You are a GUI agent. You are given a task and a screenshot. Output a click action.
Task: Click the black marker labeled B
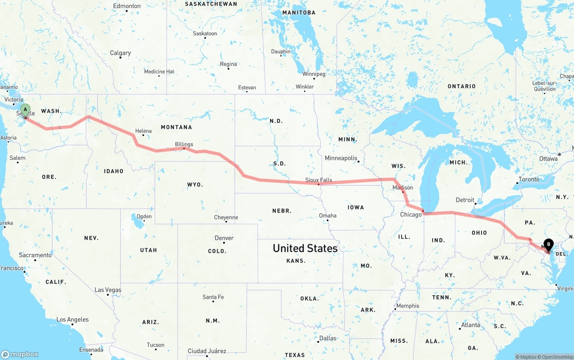[548, 245]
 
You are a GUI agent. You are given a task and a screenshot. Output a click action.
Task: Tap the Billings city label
[184, 144]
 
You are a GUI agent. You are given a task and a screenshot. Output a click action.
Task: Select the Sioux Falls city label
[318, 180]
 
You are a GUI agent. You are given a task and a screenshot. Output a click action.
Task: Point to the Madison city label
[403, 187]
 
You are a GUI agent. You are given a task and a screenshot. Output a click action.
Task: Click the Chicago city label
[411, 214]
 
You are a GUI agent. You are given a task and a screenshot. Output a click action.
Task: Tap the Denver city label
[224, 238]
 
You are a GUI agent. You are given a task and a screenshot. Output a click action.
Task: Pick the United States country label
[305, 248]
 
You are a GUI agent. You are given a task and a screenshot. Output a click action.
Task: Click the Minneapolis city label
[341, 158]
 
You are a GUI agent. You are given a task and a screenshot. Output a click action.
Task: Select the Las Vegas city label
[108, 290]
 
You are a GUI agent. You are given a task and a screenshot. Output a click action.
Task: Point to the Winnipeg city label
[313, 74]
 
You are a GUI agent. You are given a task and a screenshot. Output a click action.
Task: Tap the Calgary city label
[120, 53]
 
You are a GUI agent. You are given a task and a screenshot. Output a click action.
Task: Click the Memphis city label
[408, 306]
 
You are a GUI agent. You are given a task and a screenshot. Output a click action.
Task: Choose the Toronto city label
[529, 179]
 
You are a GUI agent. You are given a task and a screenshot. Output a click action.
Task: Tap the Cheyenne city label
[226, 217]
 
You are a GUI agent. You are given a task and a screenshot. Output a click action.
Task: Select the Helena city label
[143, 131]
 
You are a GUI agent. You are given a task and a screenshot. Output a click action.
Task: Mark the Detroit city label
[465, 200]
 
